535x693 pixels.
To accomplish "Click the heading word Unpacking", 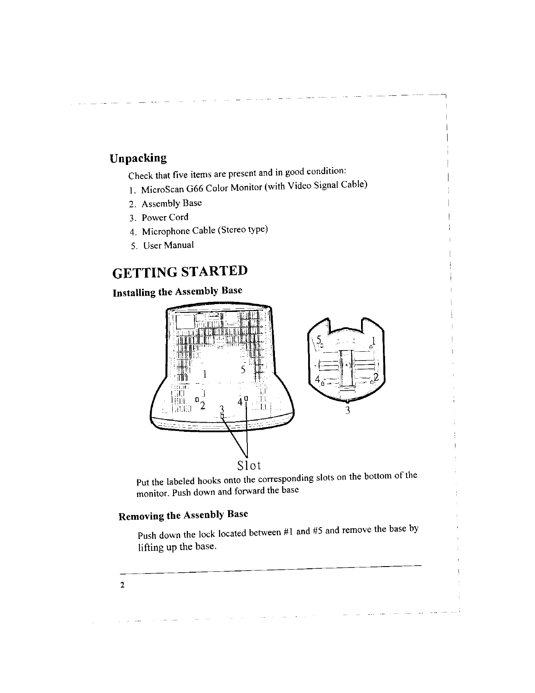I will point(138,158).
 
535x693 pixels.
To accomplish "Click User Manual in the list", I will point(168,245).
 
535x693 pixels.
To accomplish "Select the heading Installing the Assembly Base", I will point(177,291).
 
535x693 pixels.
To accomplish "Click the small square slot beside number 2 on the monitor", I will point(198,399).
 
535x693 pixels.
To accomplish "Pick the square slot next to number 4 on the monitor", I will point(246,398).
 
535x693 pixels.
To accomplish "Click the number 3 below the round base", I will point(347,410).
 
